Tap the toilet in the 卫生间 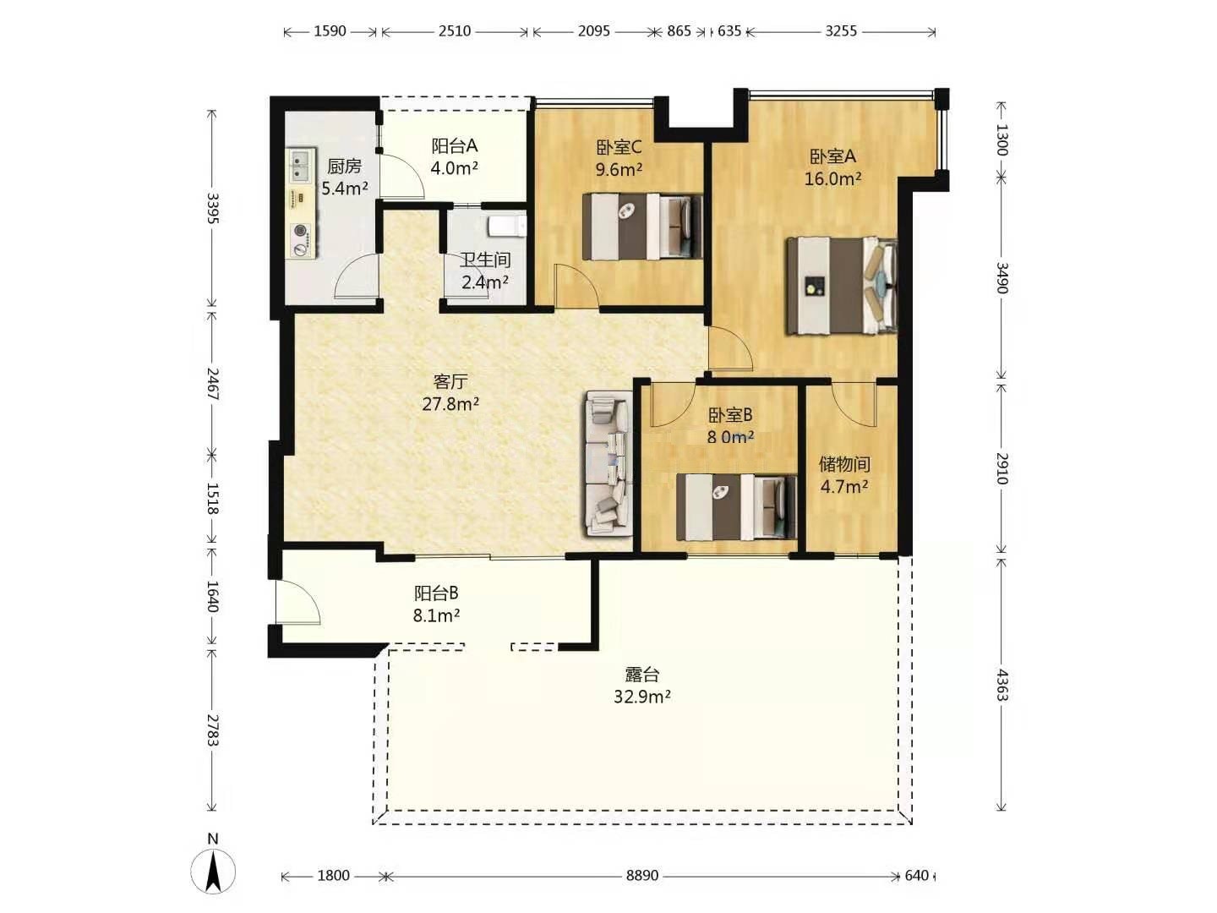(x=507, y=227)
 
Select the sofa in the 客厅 (x=608, y=463)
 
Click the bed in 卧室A (x=842, y=286)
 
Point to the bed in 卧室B (x=737, y=507)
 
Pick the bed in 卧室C (x=642, y=227)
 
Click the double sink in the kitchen (x=301, y=165)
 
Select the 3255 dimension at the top (x=841, y=31)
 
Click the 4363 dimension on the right (x=1001, y=684)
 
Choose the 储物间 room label (x=844, y=464)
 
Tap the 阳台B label (x=436, y=593)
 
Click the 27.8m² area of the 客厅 (x=450, y=404)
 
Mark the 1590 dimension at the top (x=330, y=31)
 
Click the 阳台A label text (x=455, y=145)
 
